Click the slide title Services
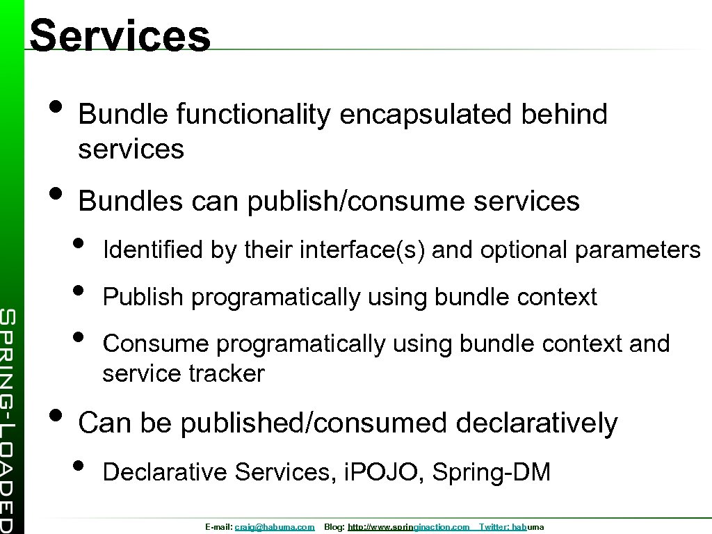[120, 35]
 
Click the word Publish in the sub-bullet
[143, 298]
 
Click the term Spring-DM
[491, 473]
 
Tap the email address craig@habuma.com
[275, 528]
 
